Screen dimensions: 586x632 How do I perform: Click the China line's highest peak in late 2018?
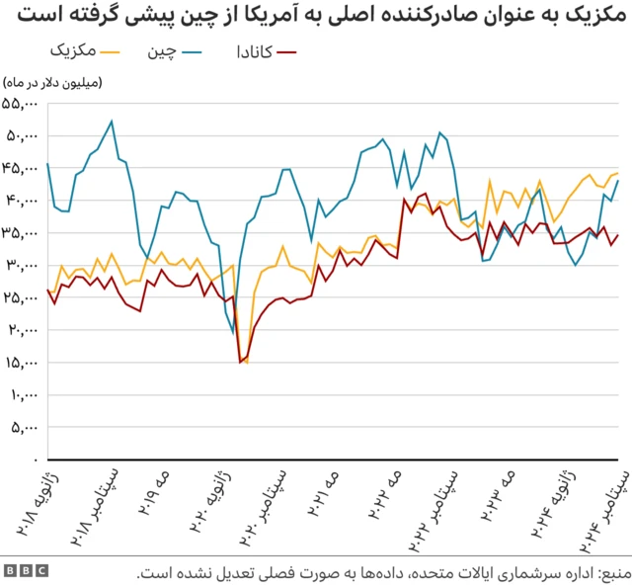(112, 122)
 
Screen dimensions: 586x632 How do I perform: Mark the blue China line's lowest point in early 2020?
(233, 333)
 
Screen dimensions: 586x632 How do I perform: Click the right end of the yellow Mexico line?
(617, 173)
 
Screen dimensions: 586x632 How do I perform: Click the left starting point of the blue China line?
(47, 163)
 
